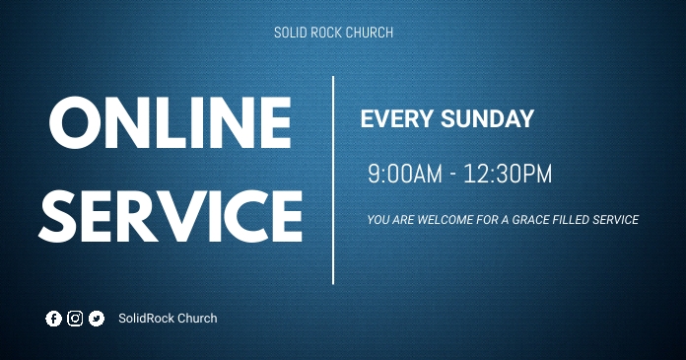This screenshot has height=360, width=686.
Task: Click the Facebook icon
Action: click(53, 319)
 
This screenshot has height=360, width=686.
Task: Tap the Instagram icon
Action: click(75, 319)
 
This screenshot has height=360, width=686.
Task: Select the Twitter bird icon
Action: click(96, 319)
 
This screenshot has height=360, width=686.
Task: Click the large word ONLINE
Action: click(170, 123)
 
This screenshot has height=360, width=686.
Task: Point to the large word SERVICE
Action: click(171, 215)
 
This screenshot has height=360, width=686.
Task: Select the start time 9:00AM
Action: click(405, 175)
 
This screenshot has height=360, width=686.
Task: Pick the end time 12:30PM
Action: click(508, 175)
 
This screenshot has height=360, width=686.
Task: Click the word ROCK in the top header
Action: click(326, 33)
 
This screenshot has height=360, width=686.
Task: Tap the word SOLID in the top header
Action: click(290, 33)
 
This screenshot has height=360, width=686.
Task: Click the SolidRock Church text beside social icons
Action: click(168, 319)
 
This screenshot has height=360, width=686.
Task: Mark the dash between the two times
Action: click(452, 176)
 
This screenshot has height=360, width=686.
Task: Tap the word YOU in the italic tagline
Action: click(377, 220)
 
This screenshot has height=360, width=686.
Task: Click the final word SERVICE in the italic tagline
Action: click(617, 220)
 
